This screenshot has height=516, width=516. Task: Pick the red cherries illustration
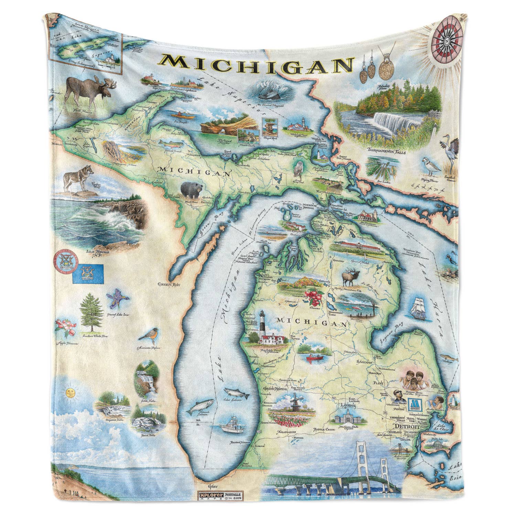(x=313, y=297)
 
